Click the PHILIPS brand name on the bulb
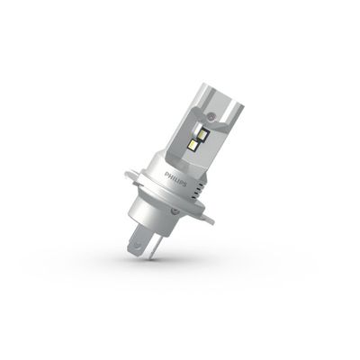(175, 179)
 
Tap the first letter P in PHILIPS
(166, 174)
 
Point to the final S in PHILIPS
(184, 184)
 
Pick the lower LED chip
(192, 145)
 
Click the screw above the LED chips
(212, 115)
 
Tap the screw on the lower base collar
(174, 211)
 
